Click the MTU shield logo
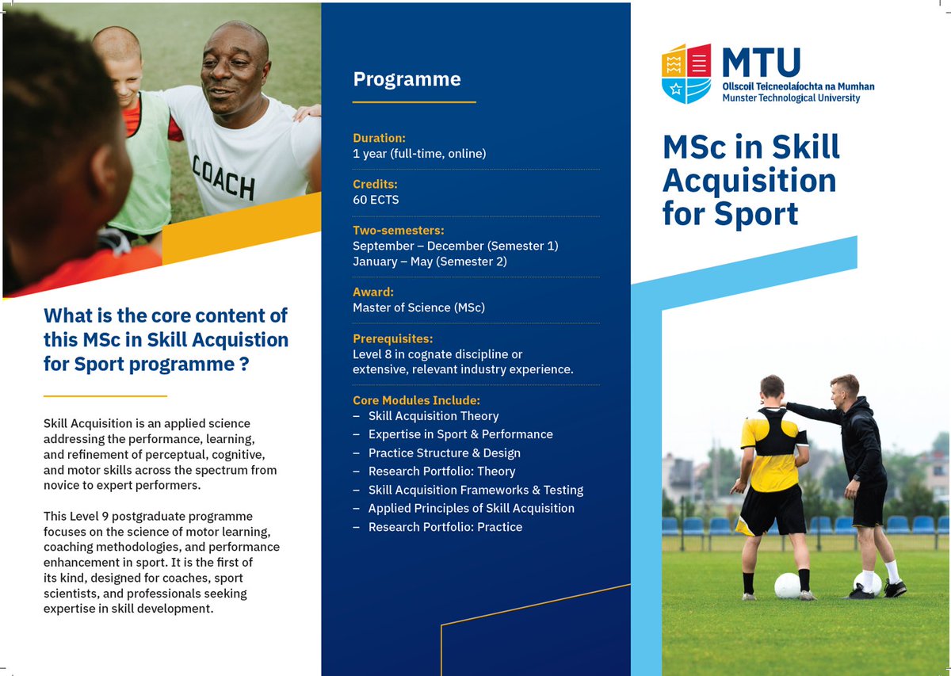click(686, 74)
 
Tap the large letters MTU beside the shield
click(761, 63)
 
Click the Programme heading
click(407, 79)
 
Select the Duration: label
click(379, 138)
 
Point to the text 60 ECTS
click(376, 200)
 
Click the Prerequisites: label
click(392, 339)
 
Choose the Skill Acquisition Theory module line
click(433, 416)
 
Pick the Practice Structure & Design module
click(444, 453)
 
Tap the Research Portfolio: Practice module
click(445, 527)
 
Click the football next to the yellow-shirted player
click(787, 586)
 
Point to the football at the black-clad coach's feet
click(867, 583)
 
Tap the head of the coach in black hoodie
click(845, 390)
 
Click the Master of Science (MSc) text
click(418, 307)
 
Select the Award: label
click(373, 292)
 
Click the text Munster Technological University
click(791, 98)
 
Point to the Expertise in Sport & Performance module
click(460, 434)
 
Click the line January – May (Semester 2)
click(430, 262)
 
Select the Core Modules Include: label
click(416, 400)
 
